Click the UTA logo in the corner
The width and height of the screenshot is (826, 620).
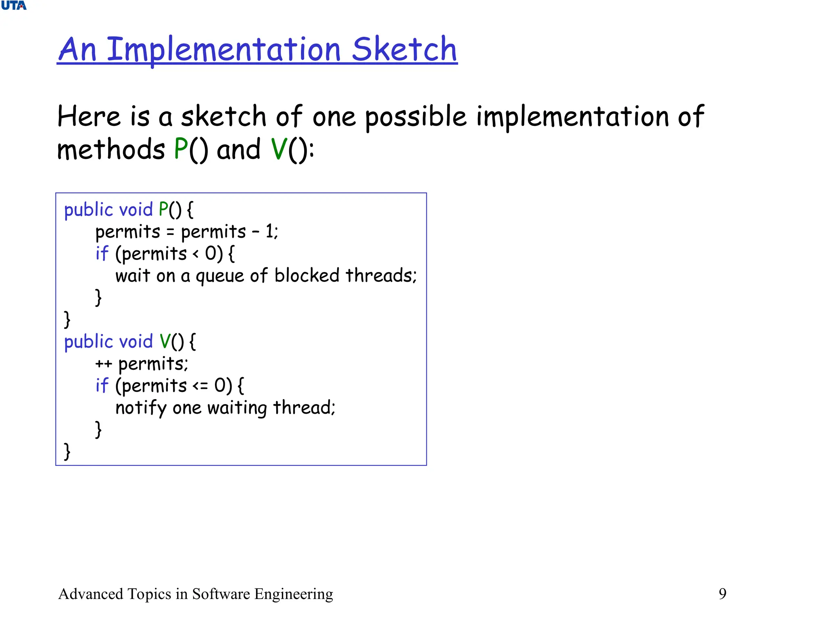[14, 6]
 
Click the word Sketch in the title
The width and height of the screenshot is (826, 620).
[404, 49]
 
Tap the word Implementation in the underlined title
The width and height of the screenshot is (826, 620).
[224, 50]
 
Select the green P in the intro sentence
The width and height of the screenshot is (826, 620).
[181, 149]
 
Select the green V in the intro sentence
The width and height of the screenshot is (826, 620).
[279, 149]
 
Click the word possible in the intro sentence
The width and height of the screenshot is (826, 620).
[415, 117]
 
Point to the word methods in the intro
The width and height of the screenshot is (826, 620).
[111, 149]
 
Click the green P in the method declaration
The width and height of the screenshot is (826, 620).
[163, 209]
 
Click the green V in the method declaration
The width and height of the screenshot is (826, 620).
[165, 341]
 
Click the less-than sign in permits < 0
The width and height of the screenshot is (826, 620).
[196, 254]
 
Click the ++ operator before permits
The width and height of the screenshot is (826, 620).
[103, 364]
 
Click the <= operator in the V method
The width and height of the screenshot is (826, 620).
[200, 386]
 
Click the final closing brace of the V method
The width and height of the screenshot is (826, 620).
[67, 451]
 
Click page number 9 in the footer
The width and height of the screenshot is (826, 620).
[722, 594]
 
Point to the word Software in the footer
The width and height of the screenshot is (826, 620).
[221, 594]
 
